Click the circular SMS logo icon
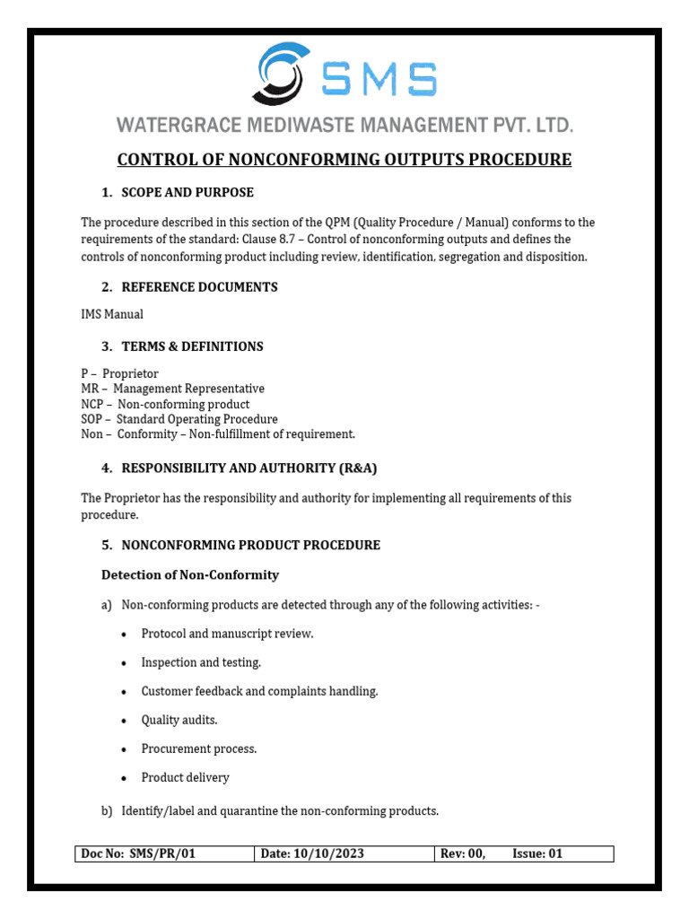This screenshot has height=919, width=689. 285,74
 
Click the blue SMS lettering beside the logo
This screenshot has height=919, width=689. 379,80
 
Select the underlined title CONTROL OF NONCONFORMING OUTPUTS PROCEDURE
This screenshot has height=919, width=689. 344,160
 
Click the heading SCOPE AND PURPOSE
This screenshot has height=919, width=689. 188,192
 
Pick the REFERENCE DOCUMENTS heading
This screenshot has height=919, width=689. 199,287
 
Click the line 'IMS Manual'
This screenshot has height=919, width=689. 112,314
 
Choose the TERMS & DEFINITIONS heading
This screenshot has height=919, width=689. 192,346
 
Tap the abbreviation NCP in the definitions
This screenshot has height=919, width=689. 93,404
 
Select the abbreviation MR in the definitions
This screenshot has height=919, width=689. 91,389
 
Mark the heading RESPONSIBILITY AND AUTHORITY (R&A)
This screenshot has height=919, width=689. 242,468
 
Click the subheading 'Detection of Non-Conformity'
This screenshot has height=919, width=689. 190,574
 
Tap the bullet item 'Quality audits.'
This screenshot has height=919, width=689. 179,720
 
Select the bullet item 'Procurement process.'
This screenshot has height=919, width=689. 199,748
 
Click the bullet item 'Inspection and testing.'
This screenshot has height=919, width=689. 201,662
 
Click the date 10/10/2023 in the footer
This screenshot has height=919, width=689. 328,853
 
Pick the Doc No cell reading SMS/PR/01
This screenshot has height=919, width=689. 162,853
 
